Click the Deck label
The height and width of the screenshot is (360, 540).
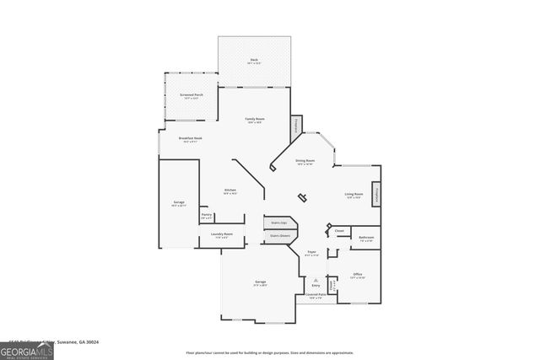[x=254, y=60]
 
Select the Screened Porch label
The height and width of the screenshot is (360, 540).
[x=192, y=95]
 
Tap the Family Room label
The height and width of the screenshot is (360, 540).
[x=254, y=121]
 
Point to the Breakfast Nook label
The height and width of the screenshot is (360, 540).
[x=189, y=138]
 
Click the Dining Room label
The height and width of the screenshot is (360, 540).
[x=305, y=160]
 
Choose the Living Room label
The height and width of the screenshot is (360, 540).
[x=354, y=195]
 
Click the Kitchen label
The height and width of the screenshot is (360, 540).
[x=229, y=191]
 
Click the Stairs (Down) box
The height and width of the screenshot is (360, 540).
[x=279, y=236]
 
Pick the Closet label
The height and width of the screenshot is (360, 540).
[x=339, y=230]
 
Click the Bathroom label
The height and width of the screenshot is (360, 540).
[x=365, y=238]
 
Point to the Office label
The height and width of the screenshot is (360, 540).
[x=358, y=275]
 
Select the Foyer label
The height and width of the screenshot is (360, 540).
[x=311, y=252]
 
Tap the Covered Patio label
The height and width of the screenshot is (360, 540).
[x=316, y=296]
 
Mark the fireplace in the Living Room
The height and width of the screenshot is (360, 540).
[x=376, y=194]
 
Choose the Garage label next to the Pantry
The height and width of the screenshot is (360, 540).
[x=179, y=203]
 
